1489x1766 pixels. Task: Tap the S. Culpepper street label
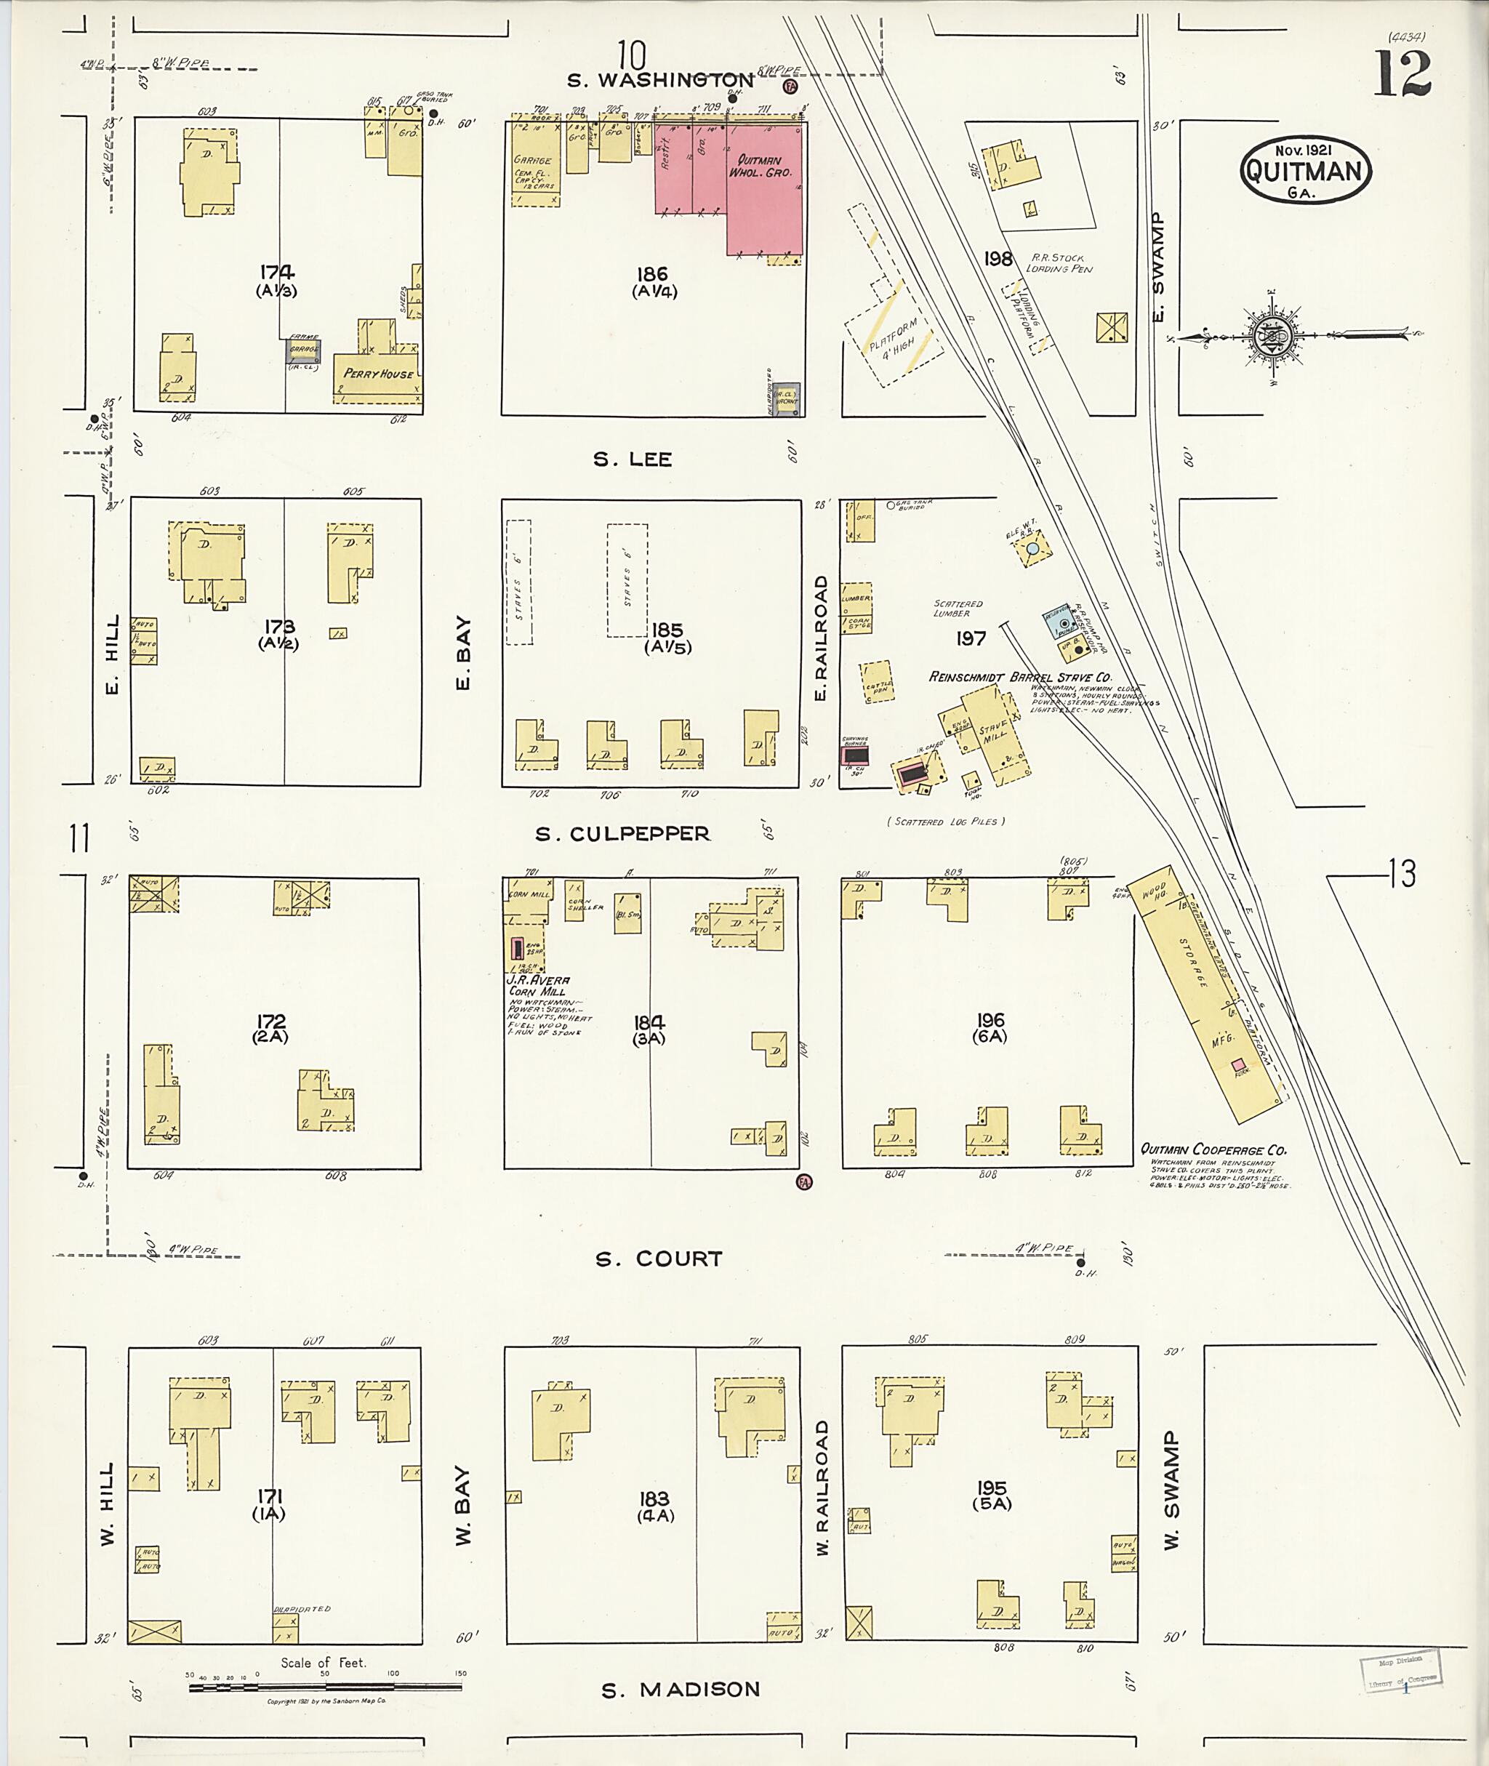click(622, 834)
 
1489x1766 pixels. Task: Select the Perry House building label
click(377, 373)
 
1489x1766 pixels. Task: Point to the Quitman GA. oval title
click(1305, 172)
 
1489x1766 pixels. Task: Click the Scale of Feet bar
click(325, 1687)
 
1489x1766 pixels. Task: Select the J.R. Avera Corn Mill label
click(539, 986)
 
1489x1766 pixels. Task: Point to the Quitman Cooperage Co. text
click(1212, 1149)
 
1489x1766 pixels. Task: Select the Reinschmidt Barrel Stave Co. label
click(1019, 677)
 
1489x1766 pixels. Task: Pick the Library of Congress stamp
click(1400, 1671)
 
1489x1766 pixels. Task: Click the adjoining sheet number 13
click(1402, 874)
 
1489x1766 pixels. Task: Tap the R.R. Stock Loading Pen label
click(1059, 262)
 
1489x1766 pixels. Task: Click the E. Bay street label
click(462, 653)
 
